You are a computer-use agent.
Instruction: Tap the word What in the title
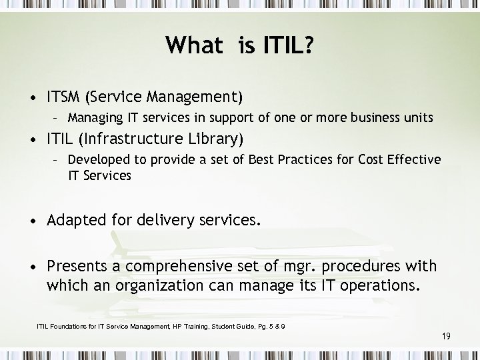click(x=195, y=46)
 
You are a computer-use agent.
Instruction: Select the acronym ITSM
click(x=65, y=98)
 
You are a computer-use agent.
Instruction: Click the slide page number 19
click(x=446, y=337)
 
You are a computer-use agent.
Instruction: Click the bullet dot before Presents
click(x=33, y=267)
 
